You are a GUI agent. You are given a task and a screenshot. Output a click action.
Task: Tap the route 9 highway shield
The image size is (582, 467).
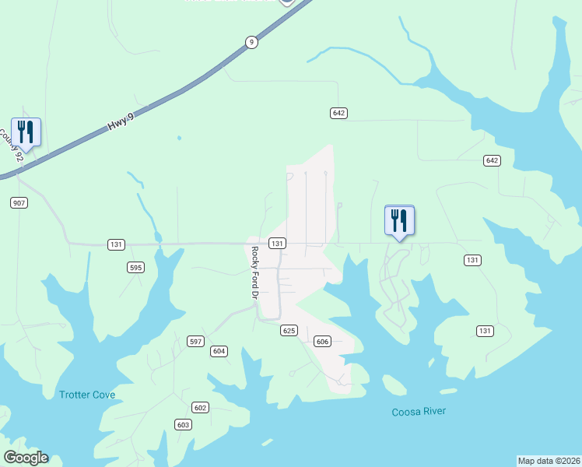[x=251, y=43]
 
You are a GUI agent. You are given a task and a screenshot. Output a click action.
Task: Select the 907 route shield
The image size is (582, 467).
[x=19, y=203]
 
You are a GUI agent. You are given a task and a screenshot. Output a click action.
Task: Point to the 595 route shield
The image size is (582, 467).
[x=136, y=267]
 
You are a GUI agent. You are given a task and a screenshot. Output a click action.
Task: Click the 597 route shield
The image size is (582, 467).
[x=195, y=342]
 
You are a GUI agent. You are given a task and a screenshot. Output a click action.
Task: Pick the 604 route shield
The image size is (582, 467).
[x=219, y=351]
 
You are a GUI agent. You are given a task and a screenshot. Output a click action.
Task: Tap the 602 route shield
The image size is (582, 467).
[x=201, y=408]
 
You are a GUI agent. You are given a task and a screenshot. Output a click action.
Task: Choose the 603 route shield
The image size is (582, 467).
[x=183, y=424]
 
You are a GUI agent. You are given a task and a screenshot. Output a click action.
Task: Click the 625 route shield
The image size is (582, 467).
[x=289, y=331]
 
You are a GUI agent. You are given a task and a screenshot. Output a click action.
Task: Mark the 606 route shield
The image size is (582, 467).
[x=323, y=342]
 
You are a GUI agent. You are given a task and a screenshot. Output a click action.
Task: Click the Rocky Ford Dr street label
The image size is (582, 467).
[x=254, y=273]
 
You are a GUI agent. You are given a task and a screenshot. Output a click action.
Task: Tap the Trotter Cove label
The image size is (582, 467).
[x=87, y=395]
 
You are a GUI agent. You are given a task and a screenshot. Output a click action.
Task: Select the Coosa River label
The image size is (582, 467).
[x=419, y=412]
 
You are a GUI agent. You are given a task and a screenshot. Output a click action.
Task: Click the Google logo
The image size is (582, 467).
[x=26, y=458]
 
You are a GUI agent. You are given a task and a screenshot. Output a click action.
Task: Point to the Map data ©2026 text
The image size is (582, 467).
[x=549, y=460]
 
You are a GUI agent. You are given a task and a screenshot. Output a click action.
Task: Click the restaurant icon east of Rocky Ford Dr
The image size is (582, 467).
[x=400, y=220]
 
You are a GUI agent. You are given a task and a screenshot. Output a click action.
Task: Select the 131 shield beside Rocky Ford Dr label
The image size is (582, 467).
[x=276, y=244]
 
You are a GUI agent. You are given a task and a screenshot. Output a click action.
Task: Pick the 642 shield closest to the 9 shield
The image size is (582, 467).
[x=338, y=113]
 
